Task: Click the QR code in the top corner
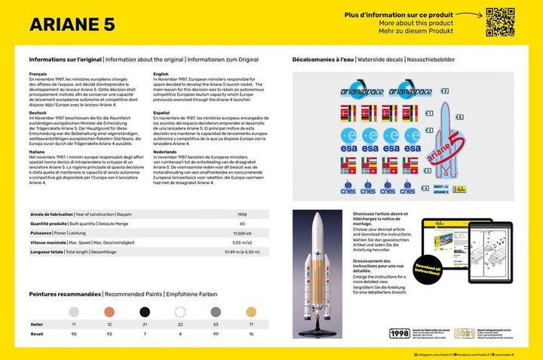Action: (499, 22)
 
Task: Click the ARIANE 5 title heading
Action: (72, 23)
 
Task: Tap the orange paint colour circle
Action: (109, 312)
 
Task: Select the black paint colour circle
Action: (144, 312)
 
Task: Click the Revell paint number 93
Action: (109, 333)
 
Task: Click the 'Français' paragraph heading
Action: (38, 74)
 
